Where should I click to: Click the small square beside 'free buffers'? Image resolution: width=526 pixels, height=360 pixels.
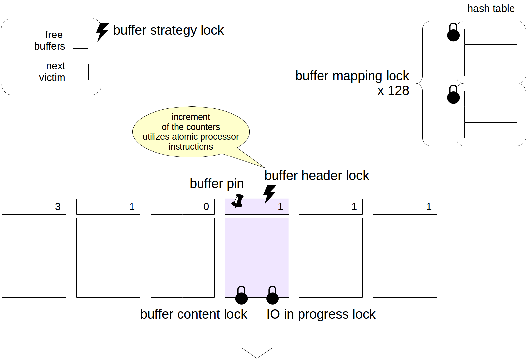(81, 41)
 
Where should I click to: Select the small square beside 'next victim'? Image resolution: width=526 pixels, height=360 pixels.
(81, 72)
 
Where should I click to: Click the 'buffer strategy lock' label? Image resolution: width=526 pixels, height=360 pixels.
(168, 30)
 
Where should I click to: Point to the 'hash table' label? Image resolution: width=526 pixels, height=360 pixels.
(491, 9)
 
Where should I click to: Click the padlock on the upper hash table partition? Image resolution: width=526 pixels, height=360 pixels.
(453, 33)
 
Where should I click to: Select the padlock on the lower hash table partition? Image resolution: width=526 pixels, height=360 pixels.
(453, 95)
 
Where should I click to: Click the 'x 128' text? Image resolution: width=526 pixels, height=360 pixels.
(393, 91)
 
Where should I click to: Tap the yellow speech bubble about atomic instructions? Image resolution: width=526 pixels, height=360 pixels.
(191, 132)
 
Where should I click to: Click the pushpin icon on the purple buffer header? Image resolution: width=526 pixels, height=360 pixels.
(238, 201)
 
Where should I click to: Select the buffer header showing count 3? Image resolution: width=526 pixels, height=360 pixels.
(34, 206)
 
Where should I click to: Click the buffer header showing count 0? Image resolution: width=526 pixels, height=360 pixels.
(182, 206)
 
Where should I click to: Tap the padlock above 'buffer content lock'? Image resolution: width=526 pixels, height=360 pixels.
(241, 296)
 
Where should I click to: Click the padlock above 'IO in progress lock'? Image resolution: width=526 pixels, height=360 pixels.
(272, 296)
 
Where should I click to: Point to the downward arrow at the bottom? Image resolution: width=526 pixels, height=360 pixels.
(257, 342)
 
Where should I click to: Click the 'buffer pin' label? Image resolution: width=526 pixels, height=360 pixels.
(217, 183)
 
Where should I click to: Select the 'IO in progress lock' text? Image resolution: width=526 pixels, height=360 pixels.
(321, 314)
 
